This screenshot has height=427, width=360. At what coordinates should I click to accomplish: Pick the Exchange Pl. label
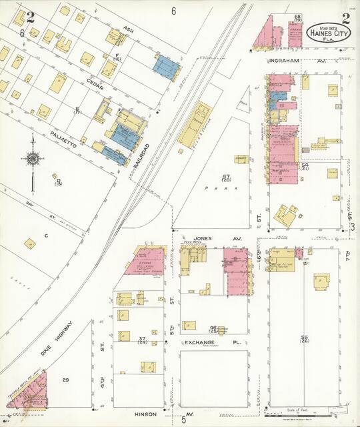203,342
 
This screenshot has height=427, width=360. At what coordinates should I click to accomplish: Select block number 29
65,380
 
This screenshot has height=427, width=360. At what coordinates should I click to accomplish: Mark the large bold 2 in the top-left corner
30,17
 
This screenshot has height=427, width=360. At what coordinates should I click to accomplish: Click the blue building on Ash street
168,65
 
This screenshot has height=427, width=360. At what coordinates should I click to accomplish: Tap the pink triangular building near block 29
31,393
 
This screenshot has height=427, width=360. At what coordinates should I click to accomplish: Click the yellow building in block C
30,244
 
